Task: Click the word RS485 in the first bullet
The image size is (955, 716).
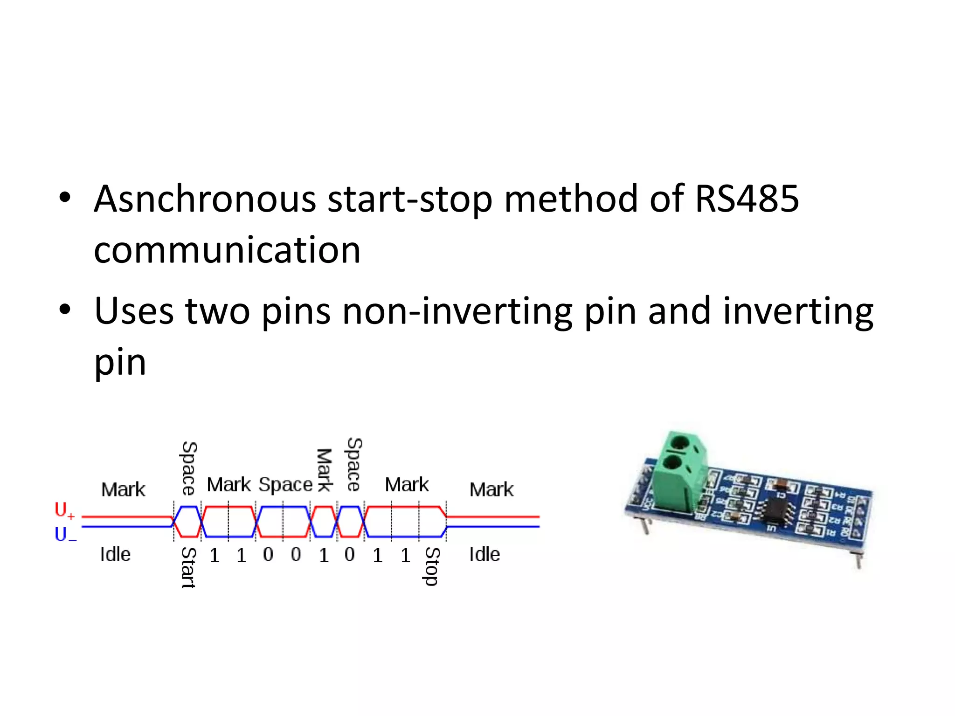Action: coord(747,199)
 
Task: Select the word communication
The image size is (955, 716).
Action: coord(227,250)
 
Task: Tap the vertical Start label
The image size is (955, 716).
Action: coord(188,568)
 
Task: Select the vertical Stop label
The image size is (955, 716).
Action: coord(432,566)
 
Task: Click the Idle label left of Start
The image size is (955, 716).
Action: coord(115,555)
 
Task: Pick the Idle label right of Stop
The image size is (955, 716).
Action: coord(484,555)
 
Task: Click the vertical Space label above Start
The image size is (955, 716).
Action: coord(188,468)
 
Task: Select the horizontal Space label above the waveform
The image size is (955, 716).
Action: coord(285,485)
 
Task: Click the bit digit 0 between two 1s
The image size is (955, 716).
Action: coord(350,555)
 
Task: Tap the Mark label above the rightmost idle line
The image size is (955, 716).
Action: coord(491,490)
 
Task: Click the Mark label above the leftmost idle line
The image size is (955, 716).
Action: coord(123,490)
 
